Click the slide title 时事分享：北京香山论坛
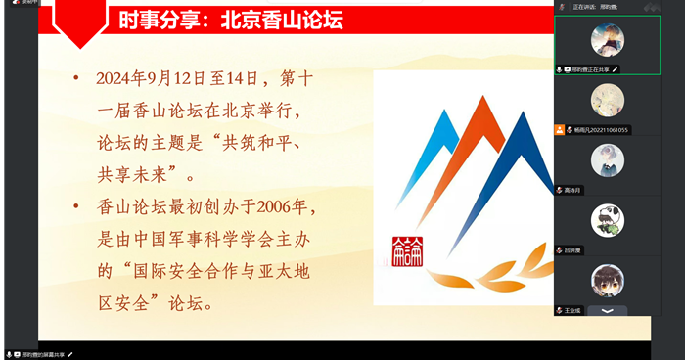[230, 20]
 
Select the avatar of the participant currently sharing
[607, 39]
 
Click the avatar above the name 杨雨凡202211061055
[607, 99]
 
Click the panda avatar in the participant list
[607, 219]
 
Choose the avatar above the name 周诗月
[607, 159]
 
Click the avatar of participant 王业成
[607, 280]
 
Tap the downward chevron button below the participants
[607, 310]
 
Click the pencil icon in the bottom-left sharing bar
[70, 353]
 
